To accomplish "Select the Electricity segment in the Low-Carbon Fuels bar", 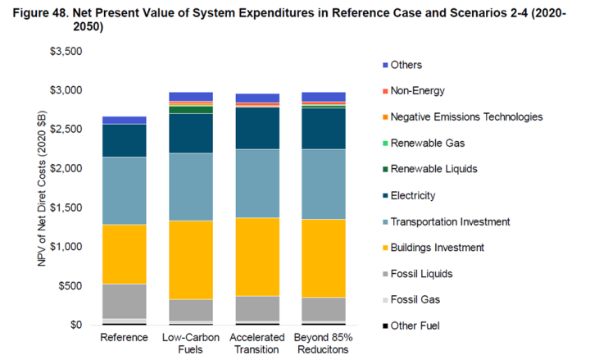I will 191,133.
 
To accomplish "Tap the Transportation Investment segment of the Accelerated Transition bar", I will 257,184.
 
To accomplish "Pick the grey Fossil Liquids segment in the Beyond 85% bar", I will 324,309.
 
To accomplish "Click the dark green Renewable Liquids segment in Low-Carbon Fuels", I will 191,109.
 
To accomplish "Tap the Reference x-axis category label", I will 124,338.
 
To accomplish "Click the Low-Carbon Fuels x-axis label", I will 191,344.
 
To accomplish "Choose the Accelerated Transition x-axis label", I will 257,344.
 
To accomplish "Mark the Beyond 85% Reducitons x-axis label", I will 324,344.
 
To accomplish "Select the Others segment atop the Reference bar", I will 124,120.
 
